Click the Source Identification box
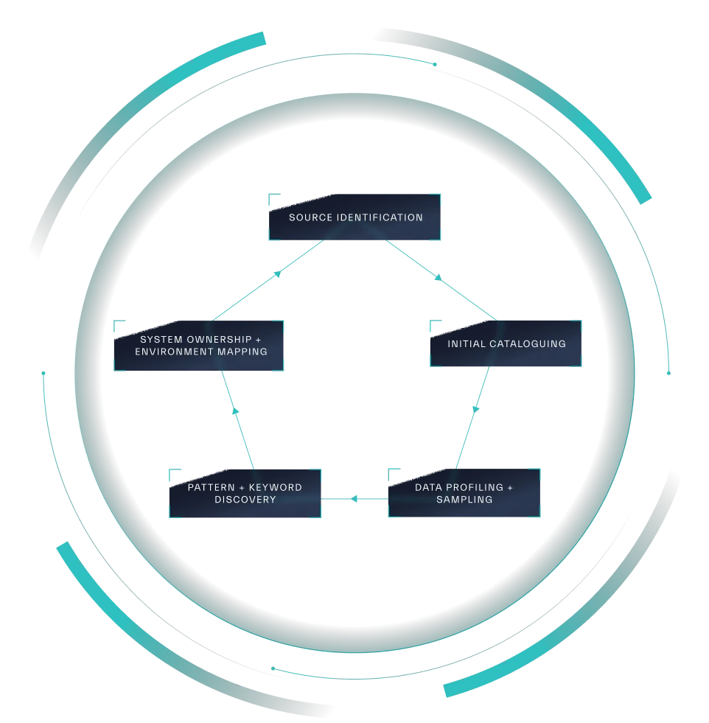coord(355,217)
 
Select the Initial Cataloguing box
coord(506,344)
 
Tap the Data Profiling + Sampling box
coord(464,493)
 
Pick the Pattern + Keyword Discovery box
coord(245,493)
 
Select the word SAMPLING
coord(464,500)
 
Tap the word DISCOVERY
coord(245,500)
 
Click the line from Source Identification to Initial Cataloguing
coord(442,280)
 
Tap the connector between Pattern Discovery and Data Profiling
coord(354,500)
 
